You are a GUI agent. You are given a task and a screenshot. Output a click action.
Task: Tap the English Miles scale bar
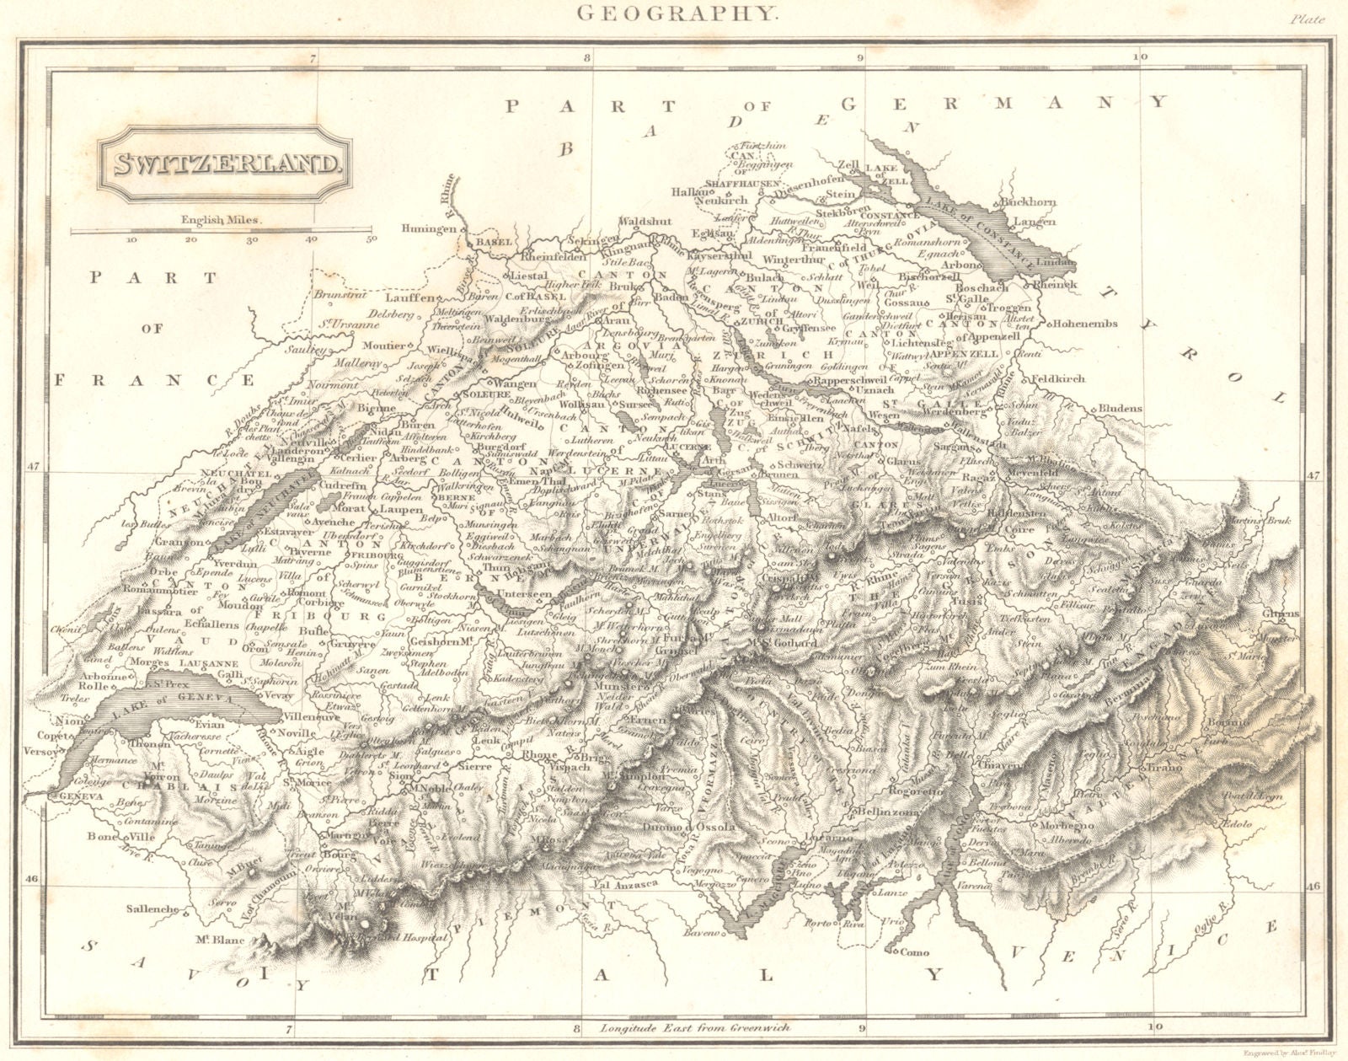[222, 229]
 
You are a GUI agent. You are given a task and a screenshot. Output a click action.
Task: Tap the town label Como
[915, 952]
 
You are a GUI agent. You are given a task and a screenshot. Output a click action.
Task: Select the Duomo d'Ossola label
[698, 828]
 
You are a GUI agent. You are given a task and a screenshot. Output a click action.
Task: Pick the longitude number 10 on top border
[1141, 57]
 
